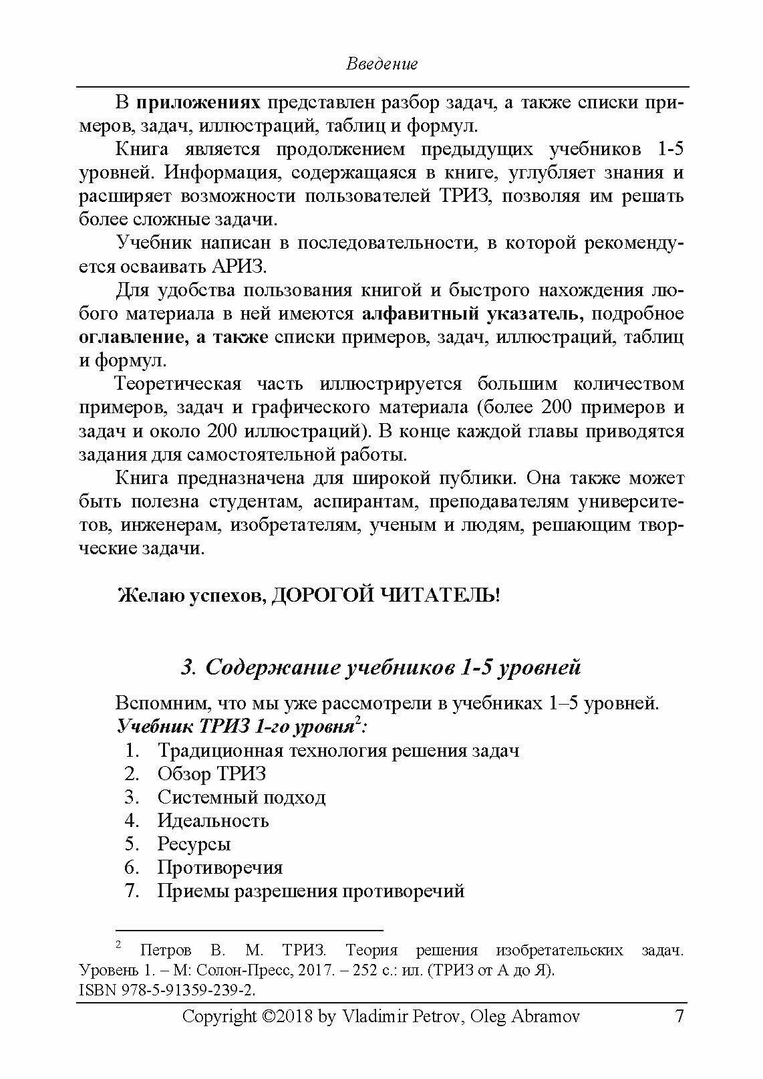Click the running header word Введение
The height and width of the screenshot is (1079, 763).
pyautogui.click(x=381, y=64)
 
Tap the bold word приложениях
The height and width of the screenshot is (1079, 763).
pyautogui.click(x=198, y=102)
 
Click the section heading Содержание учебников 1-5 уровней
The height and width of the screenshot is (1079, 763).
pyautogui.click(x=392, y=667)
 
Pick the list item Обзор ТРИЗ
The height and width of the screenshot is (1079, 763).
pyautogui.click(x=211, y=773)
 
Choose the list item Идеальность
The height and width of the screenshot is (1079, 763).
pyautogui.click(x=212, y=820)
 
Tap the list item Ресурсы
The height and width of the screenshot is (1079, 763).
pyautogui.click(x=194, y=844)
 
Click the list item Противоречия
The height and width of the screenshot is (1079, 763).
pyautogui.click(x=220, y=867)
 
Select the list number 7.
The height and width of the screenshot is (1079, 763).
pyautogui.click(x=132, y=890)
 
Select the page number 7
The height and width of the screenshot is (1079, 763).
pyautogui.click(x=679, y=1017)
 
